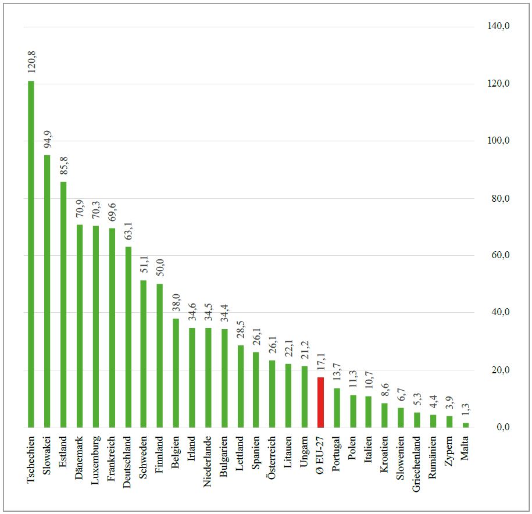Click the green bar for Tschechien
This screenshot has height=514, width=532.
[x=31, y=254]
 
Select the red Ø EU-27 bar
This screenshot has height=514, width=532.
[x=320, y=402]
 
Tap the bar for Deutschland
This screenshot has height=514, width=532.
[x=128, y=337]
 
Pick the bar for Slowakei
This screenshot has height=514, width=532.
[x=47, y=291]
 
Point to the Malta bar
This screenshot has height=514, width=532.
[x=465, y=425]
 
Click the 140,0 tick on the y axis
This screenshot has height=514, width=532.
[x=498, y=27]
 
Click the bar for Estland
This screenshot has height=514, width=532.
[x=63, y=305]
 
